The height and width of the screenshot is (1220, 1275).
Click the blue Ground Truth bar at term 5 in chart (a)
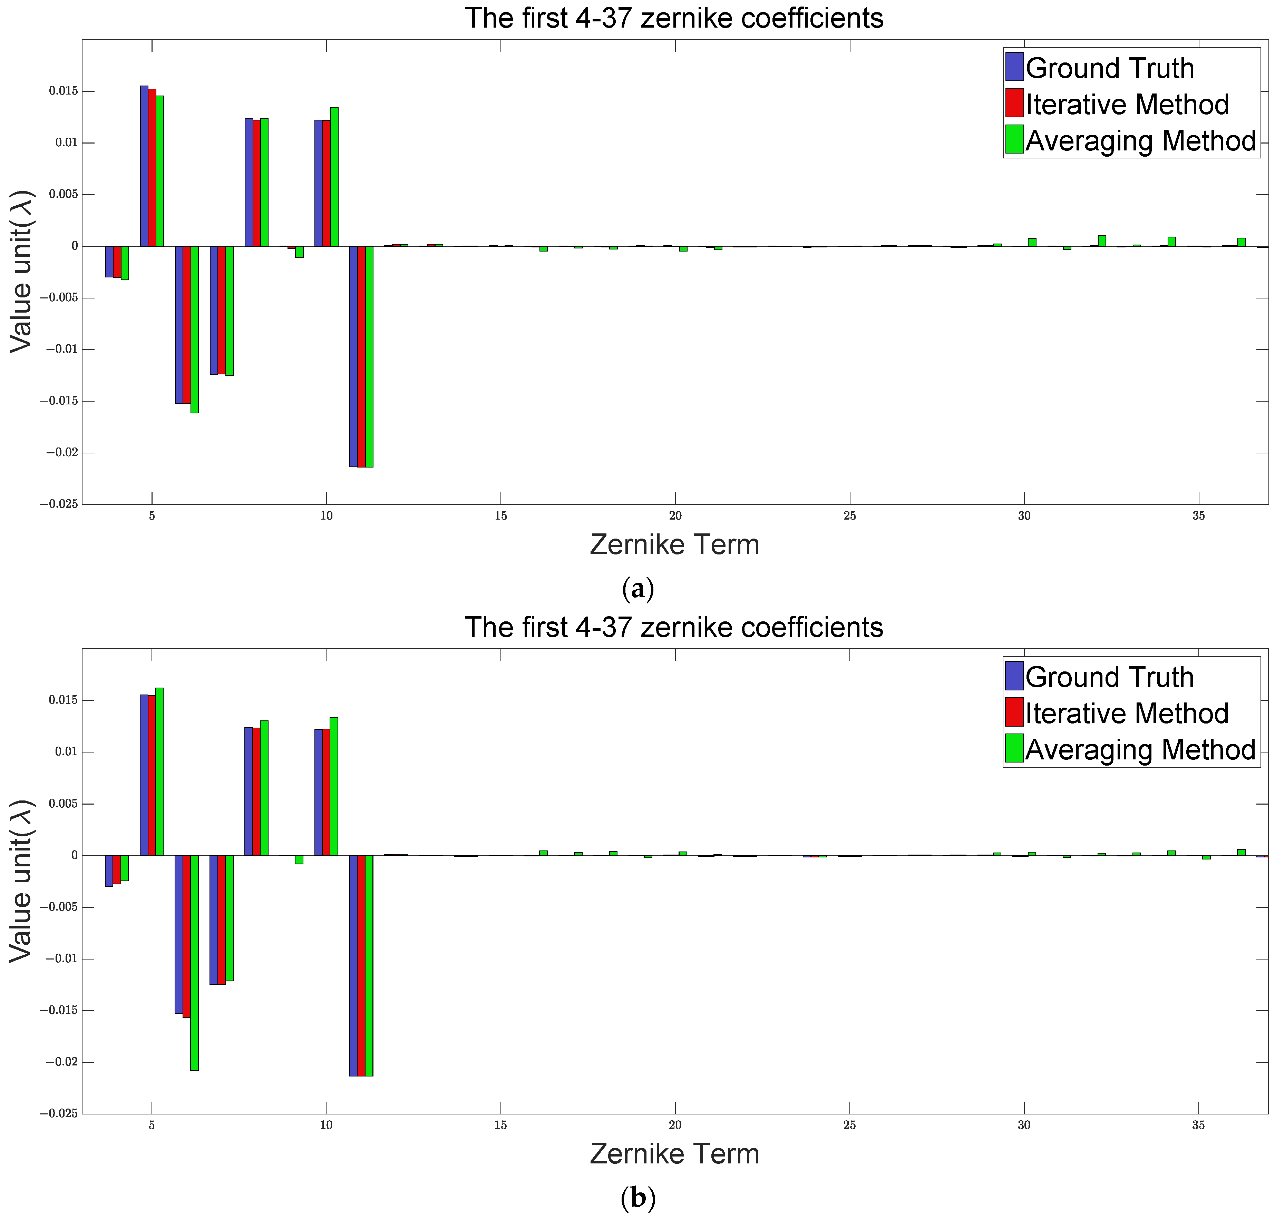pyautogui.click(x=144, y=166)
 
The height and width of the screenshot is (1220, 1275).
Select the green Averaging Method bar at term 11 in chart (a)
pyautogui.click(x=369, y=356)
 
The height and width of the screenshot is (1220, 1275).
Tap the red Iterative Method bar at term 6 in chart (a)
pyautogui.click(x=187, y=325)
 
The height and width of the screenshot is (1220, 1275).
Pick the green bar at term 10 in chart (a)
pyautogui.click(x=334, y=177)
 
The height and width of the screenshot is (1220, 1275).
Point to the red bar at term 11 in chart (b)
pyautogui.click(x=361, y=966)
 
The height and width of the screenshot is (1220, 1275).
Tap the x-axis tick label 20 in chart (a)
pyautogui.click(x=675, y=516)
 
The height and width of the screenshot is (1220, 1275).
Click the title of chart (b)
pyautogui.click(x=674, y=628)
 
